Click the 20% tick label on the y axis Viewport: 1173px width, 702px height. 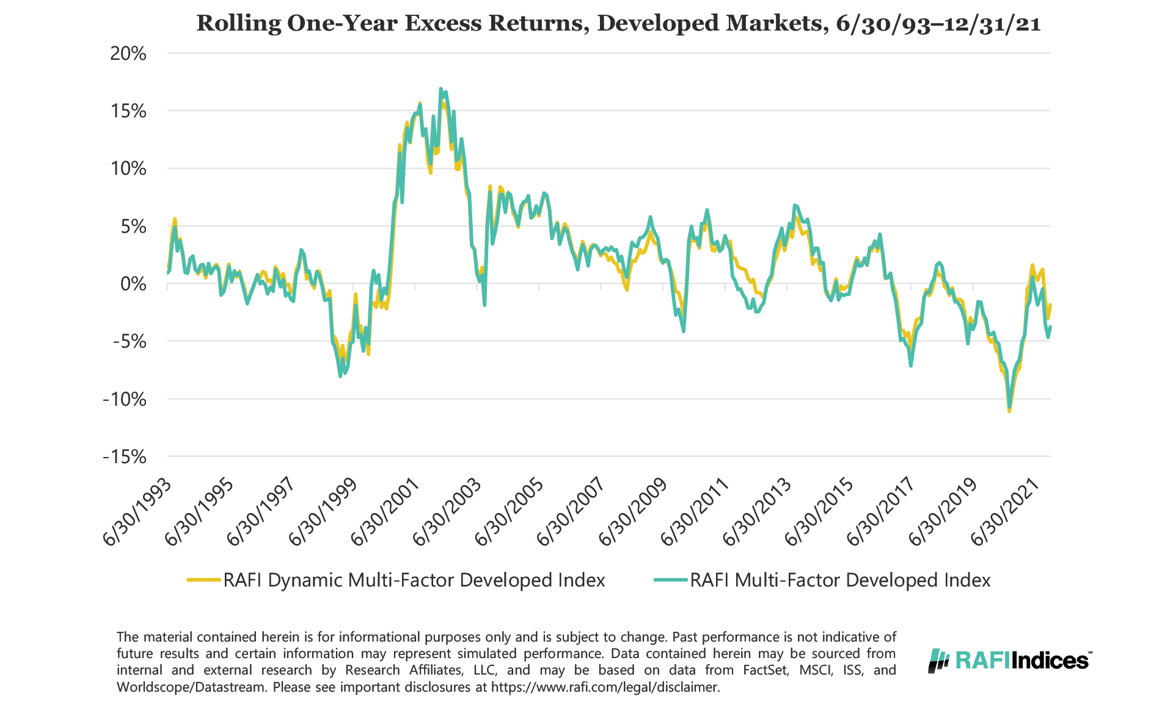tap(128, 54)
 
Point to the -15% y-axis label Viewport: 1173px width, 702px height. tap(125, 456)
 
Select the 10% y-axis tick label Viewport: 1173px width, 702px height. tap(128, 169)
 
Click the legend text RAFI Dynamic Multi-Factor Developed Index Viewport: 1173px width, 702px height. tap(414, 580)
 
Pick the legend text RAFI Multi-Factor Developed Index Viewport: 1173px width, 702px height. tap(840, 580)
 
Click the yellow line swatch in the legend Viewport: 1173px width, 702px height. tap(203, 580)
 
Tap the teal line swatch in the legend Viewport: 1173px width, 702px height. tap(670, 580)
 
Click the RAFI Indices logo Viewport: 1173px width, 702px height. tap(1010, 660)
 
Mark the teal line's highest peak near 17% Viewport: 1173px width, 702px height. tap(440, 89)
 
